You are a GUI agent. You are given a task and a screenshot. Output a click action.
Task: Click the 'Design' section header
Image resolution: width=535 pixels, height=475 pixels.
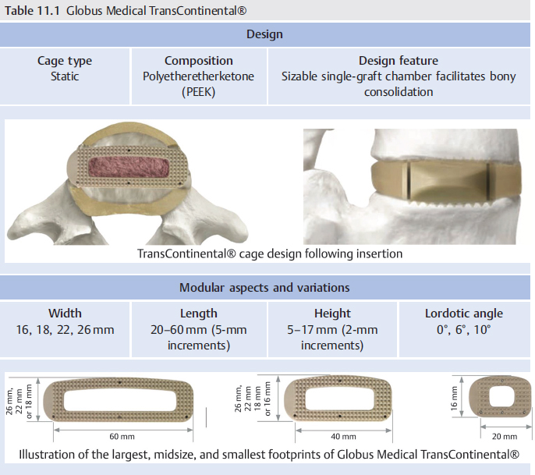pyautogui.click(x=264, y=34)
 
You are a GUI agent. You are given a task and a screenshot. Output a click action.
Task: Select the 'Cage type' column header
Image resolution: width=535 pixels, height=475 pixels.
pyautogui.click(x=65, y=61)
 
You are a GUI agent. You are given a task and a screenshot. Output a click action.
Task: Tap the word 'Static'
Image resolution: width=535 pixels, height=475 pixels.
pyautogui.click(x=65, y=76)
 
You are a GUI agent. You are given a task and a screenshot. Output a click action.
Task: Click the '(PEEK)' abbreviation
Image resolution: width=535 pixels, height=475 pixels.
pyautogui.click(x=198, y=92)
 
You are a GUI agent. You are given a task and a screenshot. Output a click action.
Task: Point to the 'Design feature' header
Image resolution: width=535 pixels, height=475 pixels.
pyautogui.click(x=399, y=61)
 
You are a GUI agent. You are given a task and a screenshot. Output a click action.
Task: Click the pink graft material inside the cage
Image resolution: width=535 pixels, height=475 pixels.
pyautogui.click(x=129, y=168)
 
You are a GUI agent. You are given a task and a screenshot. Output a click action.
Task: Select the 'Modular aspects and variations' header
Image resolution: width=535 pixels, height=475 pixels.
pyautogui.click(x=264, y=287)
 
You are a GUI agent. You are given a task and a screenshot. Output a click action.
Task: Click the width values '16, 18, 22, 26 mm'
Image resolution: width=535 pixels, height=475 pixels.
pyautogui.click(x=65, y=330)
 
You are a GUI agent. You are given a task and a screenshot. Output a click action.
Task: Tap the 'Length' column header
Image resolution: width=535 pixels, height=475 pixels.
pyautogui.click(x=198, y=314)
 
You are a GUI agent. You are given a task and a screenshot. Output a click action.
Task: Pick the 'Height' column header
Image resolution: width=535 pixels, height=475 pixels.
pyautogui.click(x=332, y=314)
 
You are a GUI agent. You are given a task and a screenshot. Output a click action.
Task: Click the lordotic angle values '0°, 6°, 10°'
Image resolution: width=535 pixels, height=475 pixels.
pyautogui.click(x=464, y=330)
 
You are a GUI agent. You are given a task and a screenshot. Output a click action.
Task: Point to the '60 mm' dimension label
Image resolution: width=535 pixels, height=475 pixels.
pyautogui.click(x=122, y=436)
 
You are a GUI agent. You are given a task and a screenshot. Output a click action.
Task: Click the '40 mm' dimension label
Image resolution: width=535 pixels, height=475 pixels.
pyautogui.click(x=343, y=436)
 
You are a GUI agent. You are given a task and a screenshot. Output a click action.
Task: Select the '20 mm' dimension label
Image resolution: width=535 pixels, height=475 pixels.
pyautogui.click(x=505, y=436)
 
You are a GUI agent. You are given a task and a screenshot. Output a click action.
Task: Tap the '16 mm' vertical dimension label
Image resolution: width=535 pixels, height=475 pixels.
pyautogui.click(x=454, y=399)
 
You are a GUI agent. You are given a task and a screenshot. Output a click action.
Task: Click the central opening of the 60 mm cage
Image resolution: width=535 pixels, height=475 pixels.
pyautogui.click(x=120, y=400)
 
